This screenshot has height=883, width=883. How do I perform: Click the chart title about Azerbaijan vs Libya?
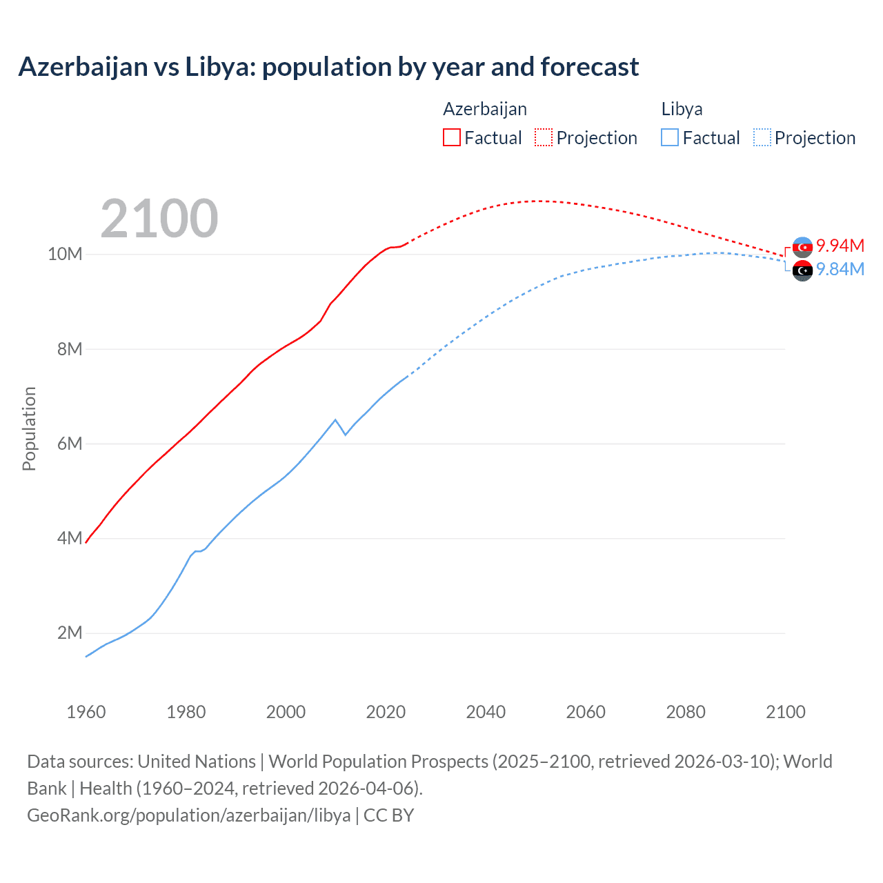point(328,67)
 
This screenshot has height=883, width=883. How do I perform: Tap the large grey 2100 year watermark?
point(159,219)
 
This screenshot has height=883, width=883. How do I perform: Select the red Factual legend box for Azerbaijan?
point(451,137)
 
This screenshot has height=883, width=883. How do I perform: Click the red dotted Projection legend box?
point(544,137)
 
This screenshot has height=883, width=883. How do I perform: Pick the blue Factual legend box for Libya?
point(669,137)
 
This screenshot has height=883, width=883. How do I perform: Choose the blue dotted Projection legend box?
point(762,137)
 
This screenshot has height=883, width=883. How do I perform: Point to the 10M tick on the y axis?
point(65,254)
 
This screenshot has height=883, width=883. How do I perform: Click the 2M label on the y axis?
point(70,633)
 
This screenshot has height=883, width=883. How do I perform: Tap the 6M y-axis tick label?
point(70,444)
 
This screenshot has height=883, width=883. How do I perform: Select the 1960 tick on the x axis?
point(86,712)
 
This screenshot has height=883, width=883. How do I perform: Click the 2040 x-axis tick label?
point(486,712)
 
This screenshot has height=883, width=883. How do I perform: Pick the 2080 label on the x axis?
point(686,712)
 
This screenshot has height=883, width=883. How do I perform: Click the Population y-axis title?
point(29,428)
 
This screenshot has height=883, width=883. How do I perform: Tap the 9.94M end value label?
point(840,246)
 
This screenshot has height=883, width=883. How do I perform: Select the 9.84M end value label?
point(840,269)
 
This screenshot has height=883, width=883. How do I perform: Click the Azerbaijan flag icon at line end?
point(802,247)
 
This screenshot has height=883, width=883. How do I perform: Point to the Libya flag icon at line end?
point(802,271)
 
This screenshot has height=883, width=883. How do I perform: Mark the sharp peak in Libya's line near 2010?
point(335,419)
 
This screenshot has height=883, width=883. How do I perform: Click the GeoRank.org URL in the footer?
point(189,815)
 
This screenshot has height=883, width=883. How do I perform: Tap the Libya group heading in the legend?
point(682,109)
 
